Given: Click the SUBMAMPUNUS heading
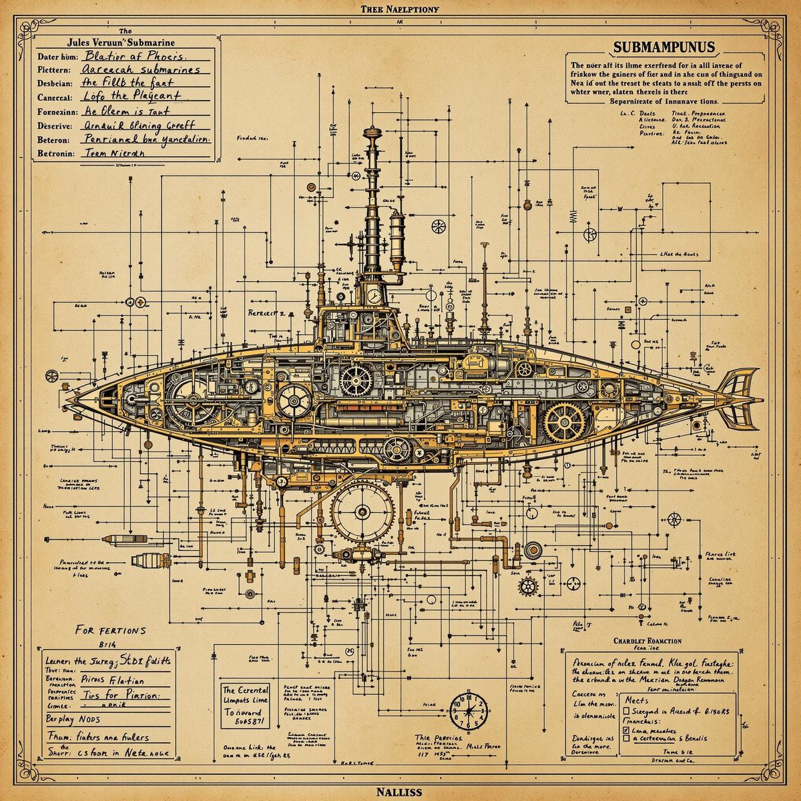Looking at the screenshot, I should [x=662, y=47].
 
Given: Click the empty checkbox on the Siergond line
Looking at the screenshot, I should [x=627, y=712].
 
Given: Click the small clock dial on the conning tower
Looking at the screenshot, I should [x=374, y=294].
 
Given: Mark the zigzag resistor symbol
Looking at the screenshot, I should [x=572, y=215].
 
